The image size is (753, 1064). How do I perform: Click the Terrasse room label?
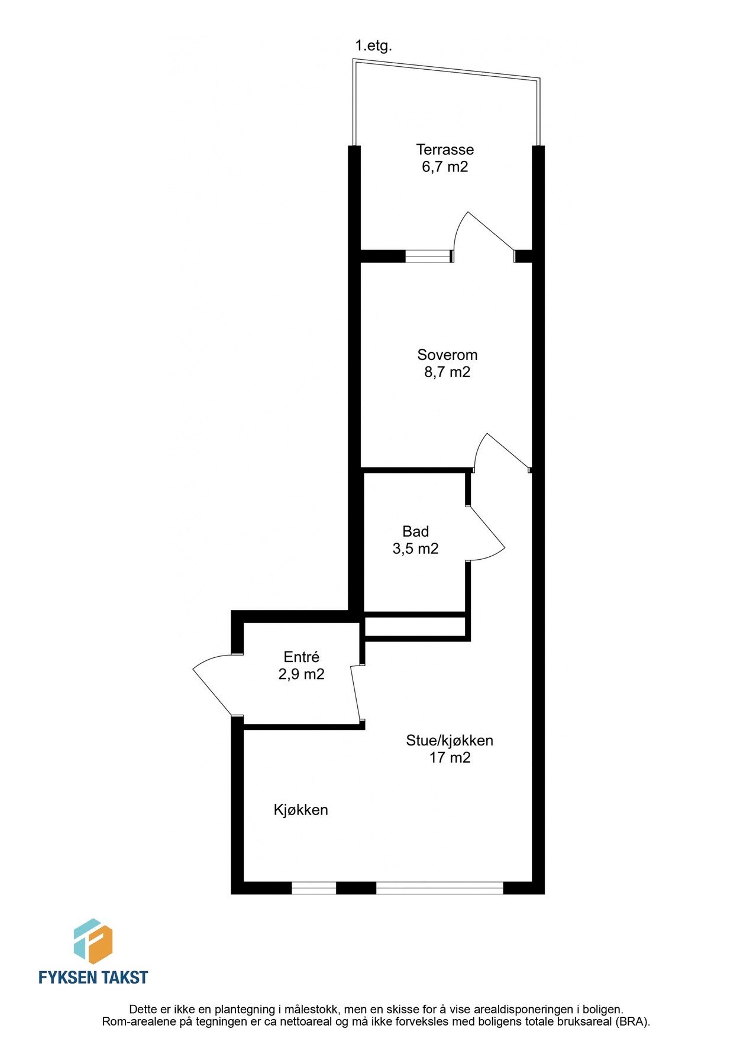coord(445,150)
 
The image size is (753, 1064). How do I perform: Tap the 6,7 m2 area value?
coord(445,167)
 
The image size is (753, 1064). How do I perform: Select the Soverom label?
coord(447,355)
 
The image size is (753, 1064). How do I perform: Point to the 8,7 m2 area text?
coord(447,372)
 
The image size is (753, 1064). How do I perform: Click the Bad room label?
coord(415,531)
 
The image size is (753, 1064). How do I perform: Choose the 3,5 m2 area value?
coord(415,549)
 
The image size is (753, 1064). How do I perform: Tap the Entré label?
coord(301,657)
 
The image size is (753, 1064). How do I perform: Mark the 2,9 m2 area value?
coord(301,674)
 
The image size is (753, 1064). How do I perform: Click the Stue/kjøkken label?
coord(450,740)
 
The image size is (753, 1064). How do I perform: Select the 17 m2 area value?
coord(450,757)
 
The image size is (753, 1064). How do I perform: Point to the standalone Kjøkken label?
coord(300,810)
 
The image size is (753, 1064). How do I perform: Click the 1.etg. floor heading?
coord(373,46)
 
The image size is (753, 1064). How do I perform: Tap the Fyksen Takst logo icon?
coord(93,941)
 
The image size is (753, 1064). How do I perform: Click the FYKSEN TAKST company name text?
coord(93,977)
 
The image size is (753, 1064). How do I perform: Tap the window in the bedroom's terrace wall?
coord(429,256)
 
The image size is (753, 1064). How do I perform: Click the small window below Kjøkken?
coord(314,887)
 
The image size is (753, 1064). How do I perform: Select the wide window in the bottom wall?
coord(439,887)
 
